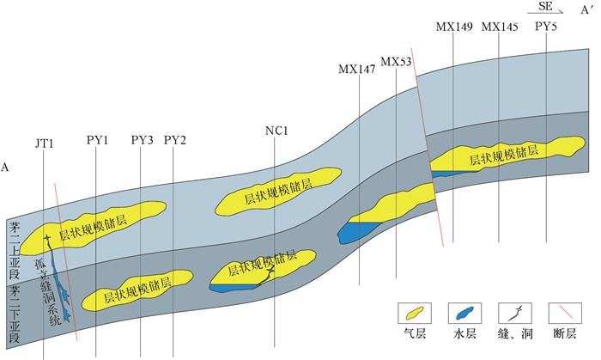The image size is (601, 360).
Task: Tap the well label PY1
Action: point(97,139)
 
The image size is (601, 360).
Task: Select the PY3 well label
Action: point(142,139)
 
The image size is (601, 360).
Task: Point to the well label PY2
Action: point(174,139)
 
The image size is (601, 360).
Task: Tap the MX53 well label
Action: point(396,62)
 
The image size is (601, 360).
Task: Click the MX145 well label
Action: point(500,27)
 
